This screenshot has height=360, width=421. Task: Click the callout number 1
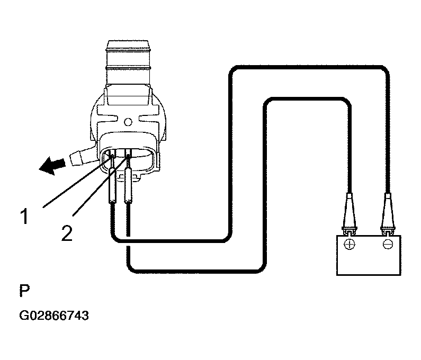24,217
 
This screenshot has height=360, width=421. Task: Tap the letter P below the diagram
24,291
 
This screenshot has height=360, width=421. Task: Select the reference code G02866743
53,316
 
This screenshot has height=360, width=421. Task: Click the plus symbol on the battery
350,245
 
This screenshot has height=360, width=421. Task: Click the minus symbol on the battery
388,245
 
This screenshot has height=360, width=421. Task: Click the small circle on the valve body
128,122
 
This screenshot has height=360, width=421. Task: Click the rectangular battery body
369,255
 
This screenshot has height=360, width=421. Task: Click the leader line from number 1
78,183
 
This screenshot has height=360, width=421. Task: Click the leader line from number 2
101,186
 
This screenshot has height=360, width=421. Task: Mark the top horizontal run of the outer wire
309,67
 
